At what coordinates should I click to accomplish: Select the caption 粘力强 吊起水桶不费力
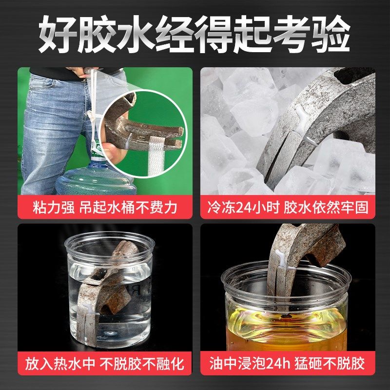105,207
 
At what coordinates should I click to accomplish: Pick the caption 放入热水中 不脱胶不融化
105,363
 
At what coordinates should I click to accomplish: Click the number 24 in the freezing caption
249,207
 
